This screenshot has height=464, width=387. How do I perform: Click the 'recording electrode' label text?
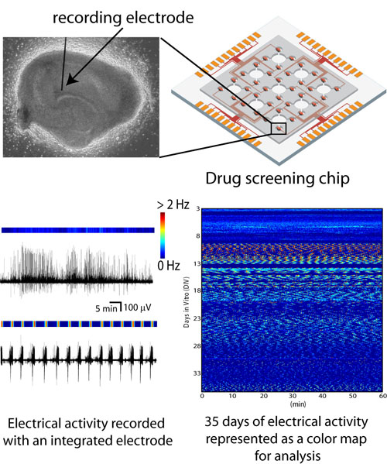(123, 18)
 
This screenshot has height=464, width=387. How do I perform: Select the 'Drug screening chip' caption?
(277, 178)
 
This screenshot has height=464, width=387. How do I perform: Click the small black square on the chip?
(279, 128)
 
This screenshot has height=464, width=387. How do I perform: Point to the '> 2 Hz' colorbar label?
(173, 205)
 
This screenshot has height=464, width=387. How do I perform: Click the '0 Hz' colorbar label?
(169, 266)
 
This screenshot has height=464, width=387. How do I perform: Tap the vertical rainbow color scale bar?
(163, 235)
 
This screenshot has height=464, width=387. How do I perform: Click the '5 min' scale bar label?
(106, 308)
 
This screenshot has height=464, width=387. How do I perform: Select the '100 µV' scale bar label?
(138, 308)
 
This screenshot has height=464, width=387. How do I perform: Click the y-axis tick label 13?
(197, 263)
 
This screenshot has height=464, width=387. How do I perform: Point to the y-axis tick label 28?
(197, 346)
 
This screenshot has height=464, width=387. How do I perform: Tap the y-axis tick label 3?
(198, 208)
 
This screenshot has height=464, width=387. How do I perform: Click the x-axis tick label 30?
(293, 396)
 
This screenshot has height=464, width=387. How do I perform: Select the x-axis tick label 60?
(383, 396)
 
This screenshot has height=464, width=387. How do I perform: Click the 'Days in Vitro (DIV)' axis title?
(187, 303)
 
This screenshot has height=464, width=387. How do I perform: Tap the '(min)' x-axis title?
(298, 404)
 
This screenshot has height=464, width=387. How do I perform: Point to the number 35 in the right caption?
(212, 421)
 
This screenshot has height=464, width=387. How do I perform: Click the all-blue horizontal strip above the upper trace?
(78, 230)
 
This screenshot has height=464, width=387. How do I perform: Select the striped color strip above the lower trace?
(79, 324)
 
